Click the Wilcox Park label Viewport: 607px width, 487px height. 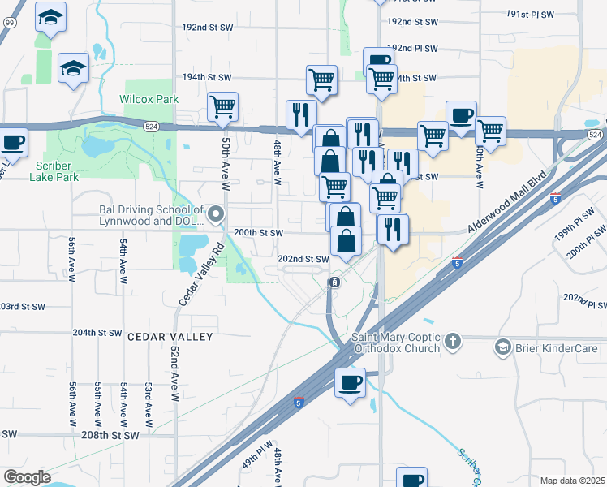[x=149, y=99]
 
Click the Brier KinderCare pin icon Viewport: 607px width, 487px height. [x=502, y=348]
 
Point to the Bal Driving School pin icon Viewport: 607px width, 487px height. [x=216, y=214]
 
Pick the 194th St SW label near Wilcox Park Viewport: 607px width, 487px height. [x=207, y=78]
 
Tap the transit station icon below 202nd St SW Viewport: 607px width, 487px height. [x=334, y=282]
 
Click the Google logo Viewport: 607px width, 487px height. [x=26, y=477]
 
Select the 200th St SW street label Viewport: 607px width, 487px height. [x=258, y=232]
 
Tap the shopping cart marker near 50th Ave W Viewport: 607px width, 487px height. [x=222, y=106]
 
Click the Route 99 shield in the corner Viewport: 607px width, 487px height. [x=8, y=23]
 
